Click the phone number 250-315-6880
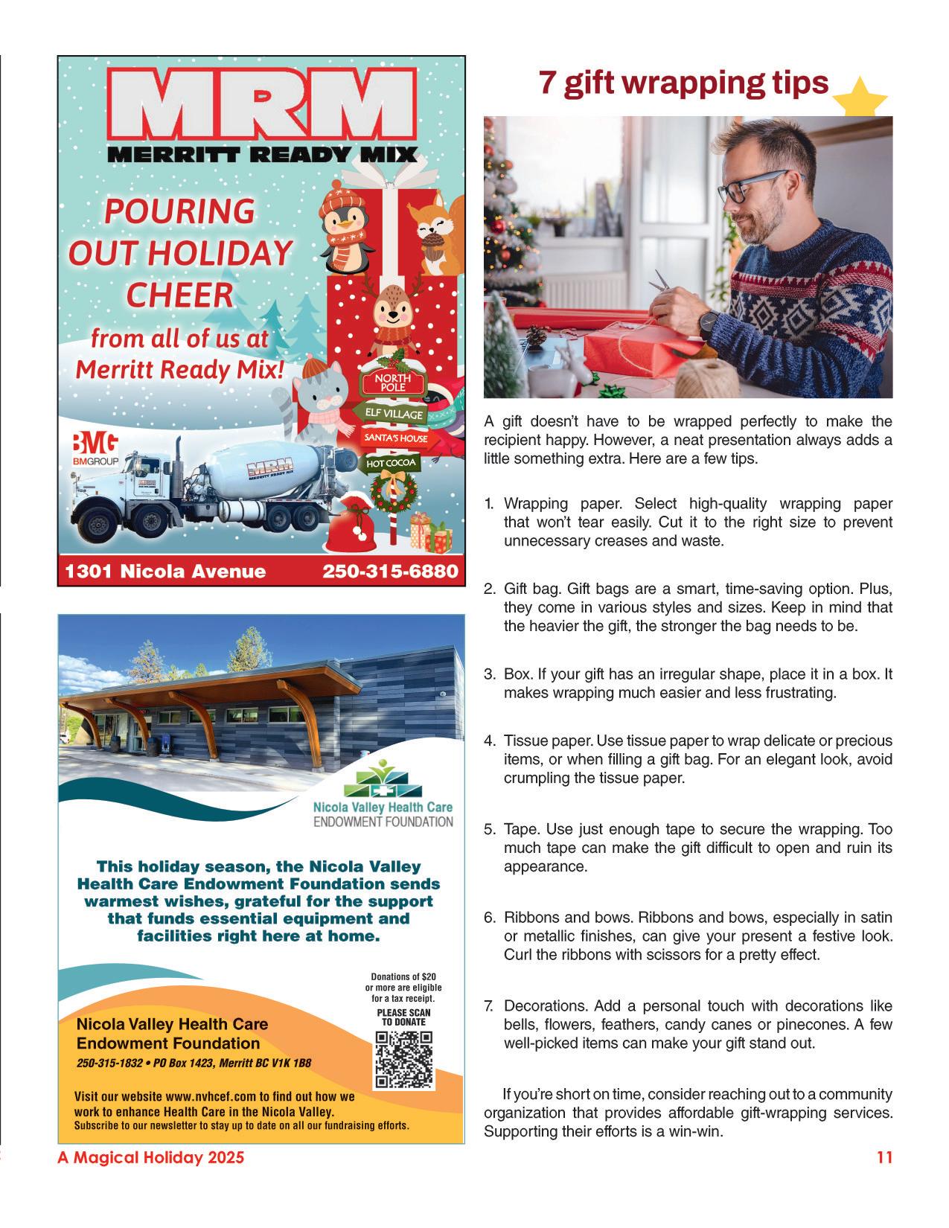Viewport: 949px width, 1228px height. (x=389, y=571)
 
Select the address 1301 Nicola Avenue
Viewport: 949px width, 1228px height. (x=165, y=571)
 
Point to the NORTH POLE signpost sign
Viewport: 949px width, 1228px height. (x=386, y=383)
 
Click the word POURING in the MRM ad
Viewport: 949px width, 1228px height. (x=180, y=212)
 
